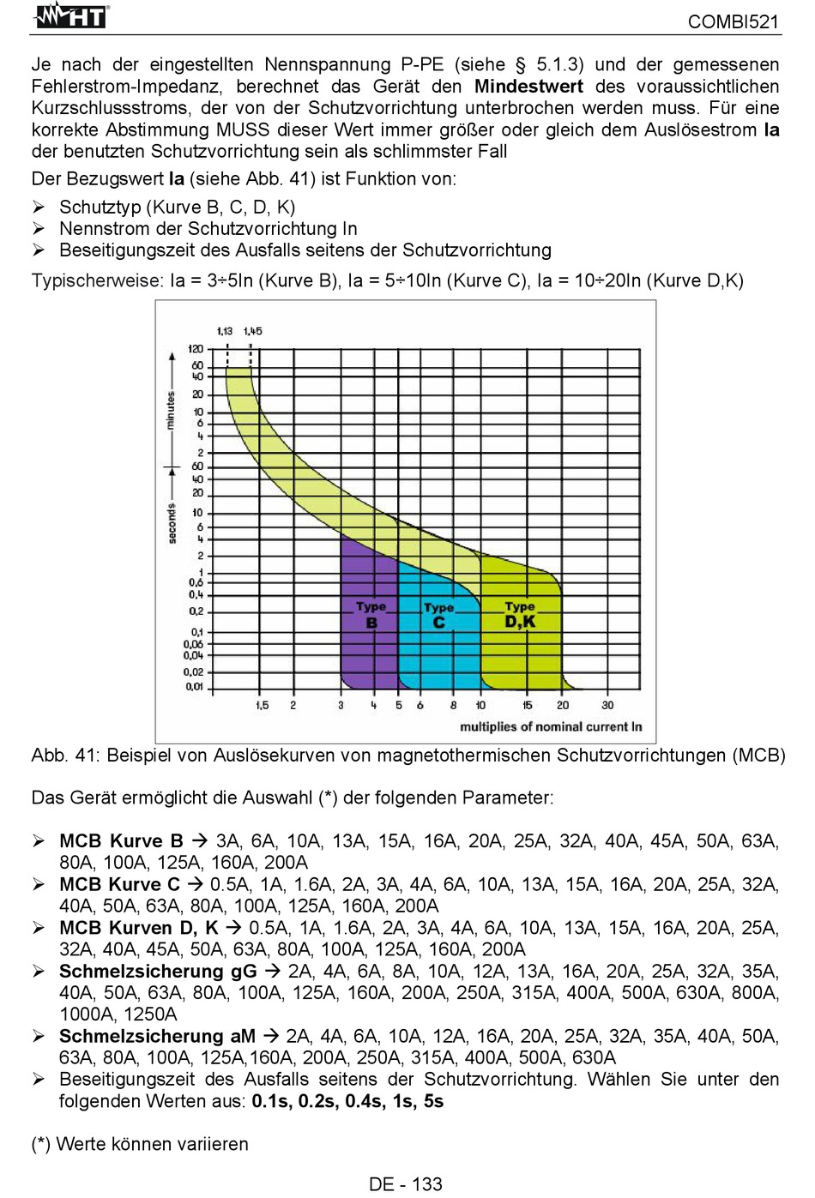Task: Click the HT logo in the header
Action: coord(70,16)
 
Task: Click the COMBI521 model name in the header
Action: coord(733,22)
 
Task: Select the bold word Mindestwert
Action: coord(528,86)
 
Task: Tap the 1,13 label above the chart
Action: coord(225,331)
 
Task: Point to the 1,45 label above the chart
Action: coord(252,331)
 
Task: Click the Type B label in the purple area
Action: coord(371,615)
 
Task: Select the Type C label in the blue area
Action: coord(438,615)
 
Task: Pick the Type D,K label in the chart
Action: coord(520,615)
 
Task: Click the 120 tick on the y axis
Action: coord(196,349)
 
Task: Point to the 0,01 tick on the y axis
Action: coord(194,687)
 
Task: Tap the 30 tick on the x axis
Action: coord(607,705)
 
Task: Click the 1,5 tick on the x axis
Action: coord(263,706)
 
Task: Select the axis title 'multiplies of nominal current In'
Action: coord(551,727)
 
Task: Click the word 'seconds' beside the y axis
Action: coord(172,523)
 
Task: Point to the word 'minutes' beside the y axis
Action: coord(171,410)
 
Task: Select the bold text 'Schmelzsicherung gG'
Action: coord(158,971)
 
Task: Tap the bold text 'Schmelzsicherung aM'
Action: coord(157,1036)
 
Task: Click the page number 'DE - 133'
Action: coord(406,1184)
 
